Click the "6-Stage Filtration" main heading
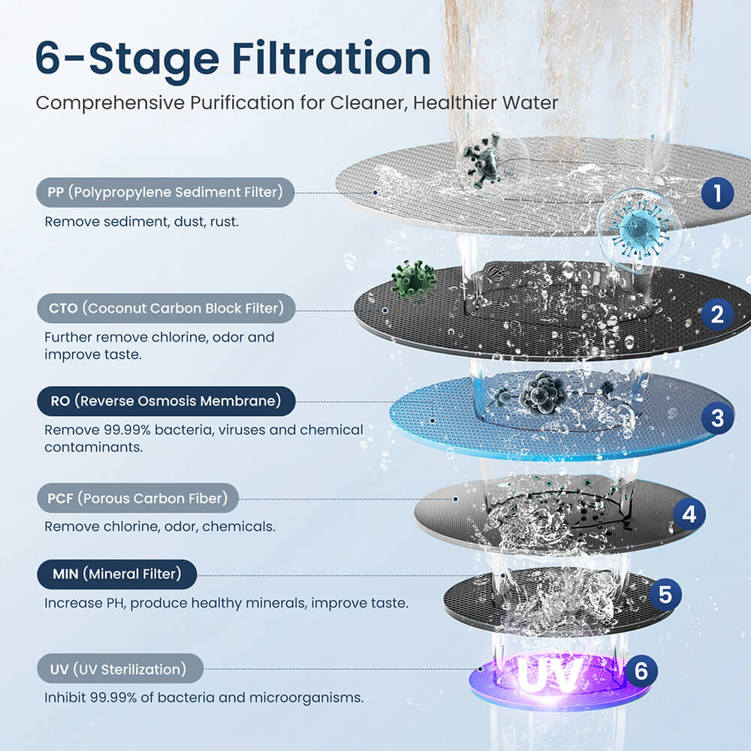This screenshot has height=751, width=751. pos(233,59)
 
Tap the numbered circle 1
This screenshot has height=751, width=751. pos(717,194)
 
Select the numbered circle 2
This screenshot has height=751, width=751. pos(717,315)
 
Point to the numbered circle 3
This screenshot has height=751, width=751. pos(717,418)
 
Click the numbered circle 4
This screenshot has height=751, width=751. pos(689,514)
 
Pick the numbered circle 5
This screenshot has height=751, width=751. pos(665,595)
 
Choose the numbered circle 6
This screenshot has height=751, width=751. pos(641,670)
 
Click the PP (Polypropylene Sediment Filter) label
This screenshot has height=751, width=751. pos(164,192)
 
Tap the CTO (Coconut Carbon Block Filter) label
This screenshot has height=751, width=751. pos(165,308)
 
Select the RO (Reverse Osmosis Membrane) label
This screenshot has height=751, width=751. pos(164,401)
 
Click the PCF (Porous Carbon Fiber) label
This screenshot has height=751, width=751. pos(137,498)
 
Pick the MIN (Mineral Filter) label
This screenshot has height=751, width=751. pos(116,575)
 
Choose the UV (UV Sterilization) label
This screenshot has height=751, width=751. pos(120,668)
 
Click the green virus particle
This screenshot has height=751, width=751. pos(413,279)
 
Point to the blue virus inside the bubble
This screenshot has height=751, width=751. pos(640,225)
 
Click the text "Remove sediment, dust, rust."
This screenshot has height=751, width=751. pos(142,222)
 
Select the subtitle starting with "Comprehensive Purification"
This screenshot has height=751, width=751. pos(297,102)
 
